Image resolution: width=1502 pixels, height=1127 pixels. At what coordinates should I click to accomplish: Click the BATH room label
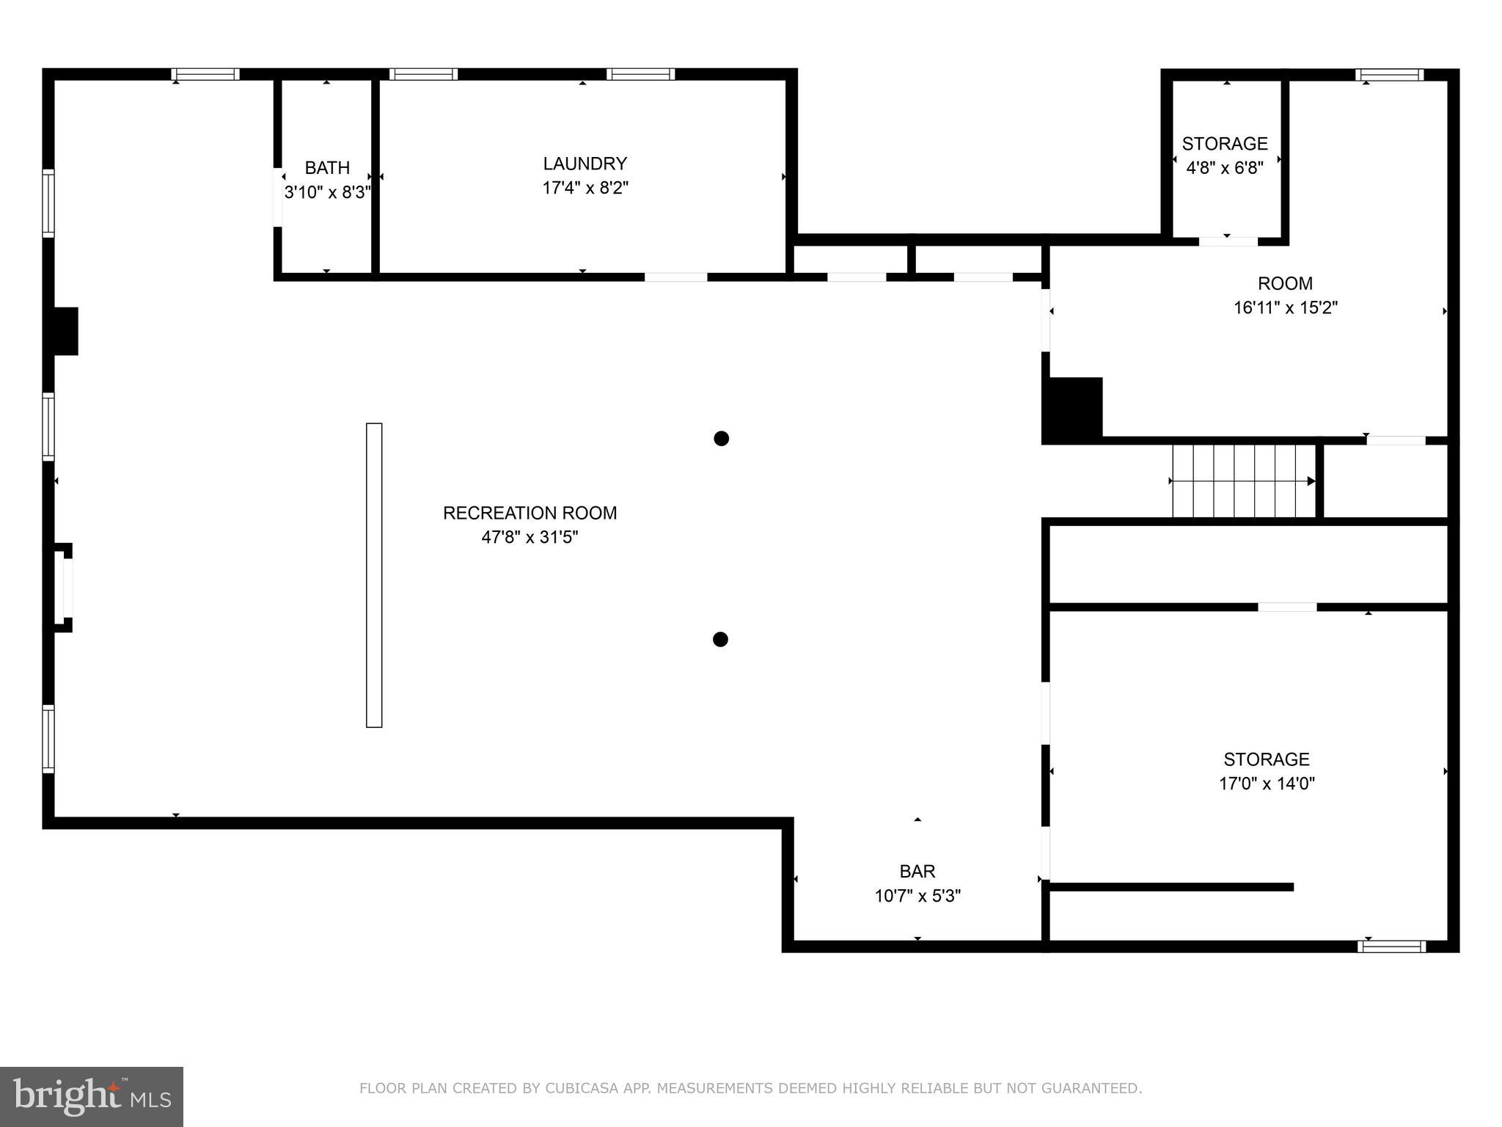(x=327, y=168)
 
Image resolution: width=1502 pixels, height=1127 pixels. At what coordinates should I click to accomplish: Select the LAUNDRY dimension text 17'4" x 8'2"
(x=585, y=188)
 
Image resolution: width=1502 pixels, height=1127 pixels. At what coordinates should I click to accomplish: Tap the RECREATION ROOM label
(x=530, y=513)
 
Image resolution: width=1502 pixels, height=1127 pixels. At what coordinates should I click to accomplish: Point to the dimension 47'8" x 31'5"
(x=530, y=537)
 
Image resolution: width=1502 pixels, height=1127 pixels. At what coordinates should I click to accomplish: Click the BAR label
(x=917, y=871)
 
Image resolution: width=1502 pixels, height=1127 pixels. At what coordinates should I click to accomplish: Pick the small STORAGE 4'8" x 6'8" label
(x=1224, y=144)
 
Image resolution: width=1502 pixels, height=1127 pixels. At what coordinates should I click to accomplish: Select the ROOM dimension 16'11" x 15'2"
(x=1285, y=307)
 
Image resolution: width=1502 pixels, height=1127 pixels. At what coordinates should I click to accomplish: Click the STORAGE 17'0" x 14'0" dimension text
(x=1266, y=784)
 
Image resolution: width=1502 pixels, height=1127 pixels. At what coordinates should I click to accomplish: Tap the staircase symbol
(x=1242, y=481)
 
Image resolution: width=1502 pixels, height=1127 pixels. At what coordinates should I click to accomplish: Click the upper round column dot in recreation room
(x=721, y=439)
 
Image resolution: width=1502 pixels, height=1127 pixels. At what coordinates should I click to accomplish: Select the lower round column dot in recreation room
(x=720, y=640)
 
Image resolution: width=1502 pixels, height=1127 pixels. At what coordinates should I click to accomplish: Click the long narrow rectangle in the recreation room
(x=374, y=575)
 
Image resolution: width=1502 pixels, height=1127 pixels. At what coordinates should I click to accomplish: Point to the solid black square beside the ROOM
(x=1074, y=409)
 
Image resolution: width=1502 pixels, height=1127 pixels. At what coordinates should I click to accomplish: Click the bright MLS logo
(x=92, y=1096)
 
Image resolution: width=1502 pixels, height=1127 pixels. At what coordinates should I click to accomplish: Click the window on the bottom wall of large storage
(x=1391, y=947)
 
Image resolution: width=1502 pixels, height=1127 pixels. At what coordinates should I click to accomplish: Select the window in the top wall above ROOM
(x=1388, y=75)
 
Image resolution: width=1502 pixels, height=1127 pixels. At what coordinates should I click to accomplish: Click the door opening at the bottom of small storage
(x=1228, y=241)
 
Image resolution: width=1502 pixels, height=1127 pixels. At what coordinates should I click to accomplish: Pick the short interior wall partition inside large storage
(x=1171, y=887)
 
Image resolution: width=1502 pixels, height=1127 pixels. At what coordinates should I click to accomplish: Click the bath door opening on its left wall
(x=278, y=198)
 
